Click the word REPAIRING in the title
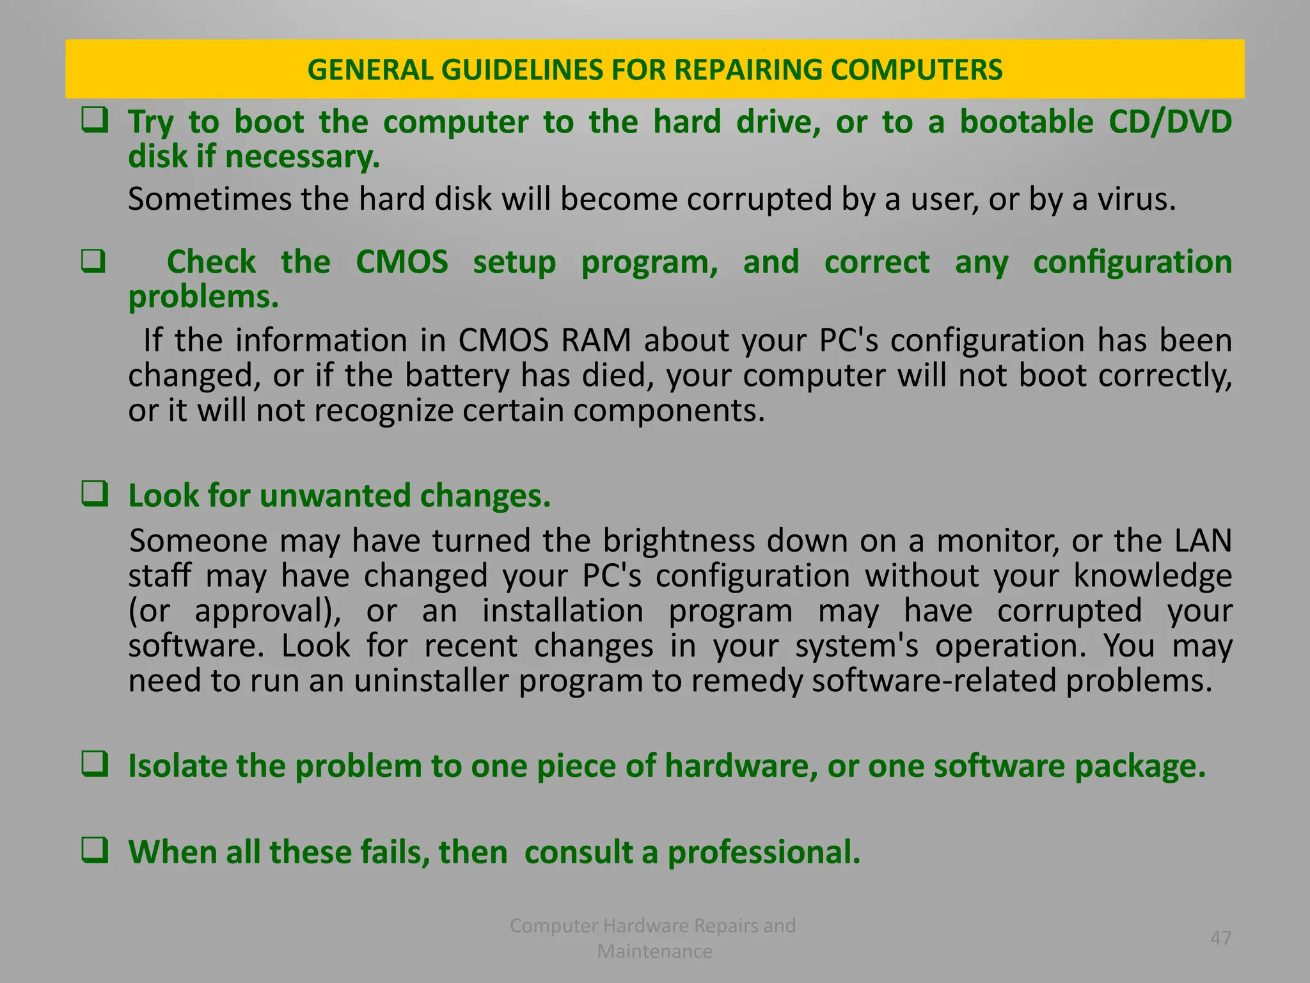tap(748, 70)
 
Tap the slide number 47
tap(1220, 938)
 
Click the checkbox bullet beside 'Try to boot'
tap(94, 120)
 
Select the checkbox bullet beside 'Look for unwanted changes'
tap(94, 494)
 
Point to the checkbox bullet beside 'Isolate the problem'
tap(94, 764)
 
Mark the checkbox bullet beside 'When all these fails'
tap(94, 851)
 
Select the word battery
tap(457, 375)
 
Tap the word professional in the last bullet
tap(764, 852)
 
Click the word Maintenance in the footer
tap(654, 951)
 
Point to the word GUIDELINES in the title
tap(521, 70)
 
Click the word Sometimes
tap(210, 199)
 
